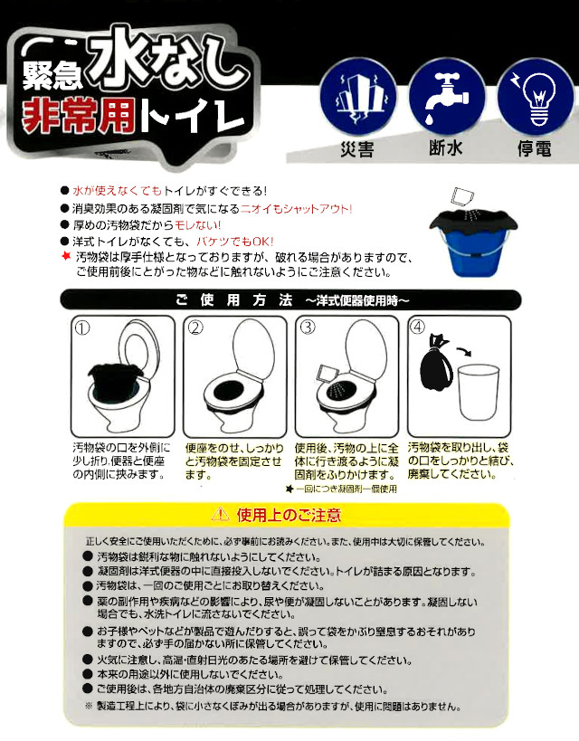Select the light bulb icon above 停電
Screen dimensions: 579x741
[x=536, y=98]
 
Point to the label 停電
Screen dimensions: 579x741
[x=534, y=149]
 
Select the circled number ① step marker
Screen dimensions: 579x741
[x=82, y=328]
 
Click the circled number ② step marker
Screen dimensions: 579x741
[x=195, y=328]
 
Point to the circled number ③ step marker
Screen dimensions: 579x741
[x=308, y=327]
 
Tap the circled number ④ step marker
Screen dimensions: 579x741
[x=418, y=327]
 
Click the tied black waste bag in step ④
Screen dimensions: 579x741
[x=436, y=363]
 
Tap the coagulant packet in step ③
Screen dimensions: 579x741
[x=326, y=374]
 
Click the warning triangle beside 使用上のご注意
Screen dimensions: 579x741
[x=220, y=514]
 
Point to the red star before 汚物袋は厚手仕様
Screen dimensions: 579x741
[x=66, y=257]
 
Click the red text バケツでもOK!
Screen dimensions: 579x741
[x=235, y=242]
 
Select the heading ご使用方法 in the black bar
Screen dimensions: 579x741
[x=234, y=300]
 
